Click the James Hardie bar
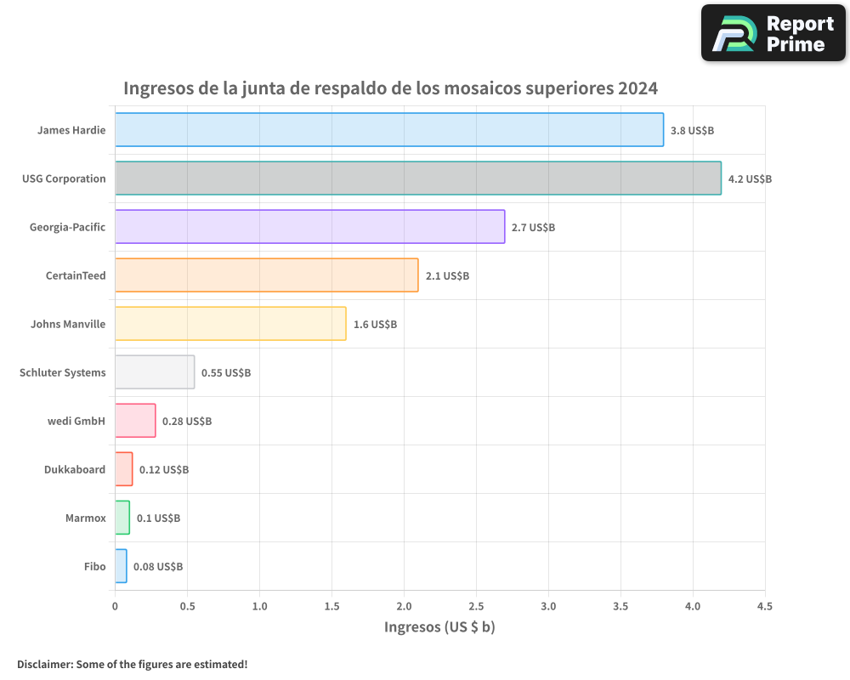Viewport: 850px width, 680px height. pos(389,130)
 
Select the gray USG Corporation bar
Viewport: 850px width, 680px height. pos(418,178)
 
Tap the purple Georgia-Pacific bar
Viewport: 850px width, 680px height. pos(310,227)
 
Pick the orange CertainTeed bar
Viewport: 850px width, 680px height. pos(267,275)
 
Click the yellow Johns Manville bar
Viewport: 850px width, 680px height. pos(230,324)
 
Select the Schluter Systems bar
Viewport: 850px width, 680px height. pos(155,372)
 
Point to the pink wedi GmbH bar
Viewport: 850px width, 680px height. pos(135,421)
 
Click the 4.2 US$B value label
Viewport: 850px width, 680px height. pos(750,179)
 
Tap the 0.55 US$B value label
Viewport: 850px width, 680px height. pos(225,373)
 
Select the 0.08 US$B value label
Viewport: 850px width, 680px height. pos(158,567)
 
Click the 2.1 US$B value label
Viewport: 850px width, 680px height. pos(447,276)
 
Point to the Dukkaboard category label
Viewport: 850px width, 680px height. pos(75,469)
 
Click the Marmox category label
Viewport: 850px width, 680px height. pos(86,518)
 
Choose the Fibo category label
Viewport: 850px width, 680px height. pos(95,566)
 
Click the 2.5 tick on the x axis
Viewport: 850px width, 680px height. pos(476,607)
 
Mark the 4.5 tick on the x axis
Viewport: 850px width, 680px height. pos(765,607)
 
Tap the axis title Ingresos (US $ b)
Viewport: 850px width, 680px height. pos(439,627)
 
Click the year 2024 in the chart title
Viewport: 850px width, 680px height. pos(637,88)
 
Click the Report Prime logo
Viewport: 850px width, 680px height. pos(773,33)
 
